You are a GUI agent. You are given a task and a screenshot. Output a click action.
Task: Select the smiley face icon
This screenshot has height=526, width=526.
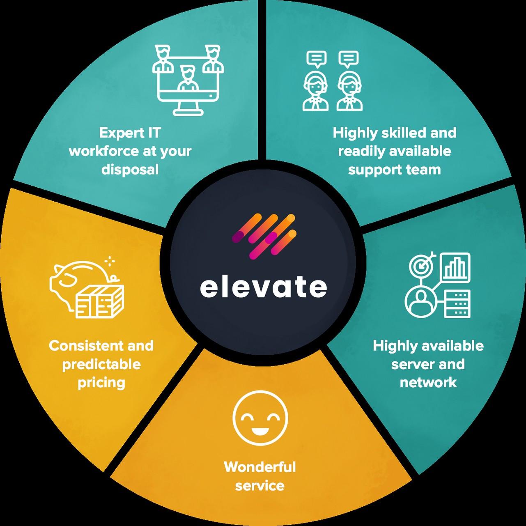pyautogui.click(x=260, y=419)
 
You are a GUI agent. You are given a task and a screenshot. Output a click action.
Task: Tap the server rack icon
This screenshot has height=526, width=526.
pyautogui.click(x=457, y=304)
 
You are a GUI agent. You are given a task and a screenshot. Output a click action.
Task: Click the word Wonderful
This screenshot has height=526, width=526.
pyautogui.click(x=260, y=467)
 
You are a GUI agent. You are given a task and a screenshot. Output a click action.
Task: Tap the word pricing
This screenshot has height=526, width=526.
pyautogui.click(x=101, y=383)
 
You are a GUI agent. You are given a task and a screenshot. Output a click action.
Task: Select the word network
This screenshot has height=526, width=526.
pyautogui.click(x=428, y=383)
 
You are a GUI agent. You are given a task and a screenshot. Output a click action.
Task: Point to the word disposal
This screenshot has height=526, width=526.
pyautogui.click(x=130, y=170)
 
